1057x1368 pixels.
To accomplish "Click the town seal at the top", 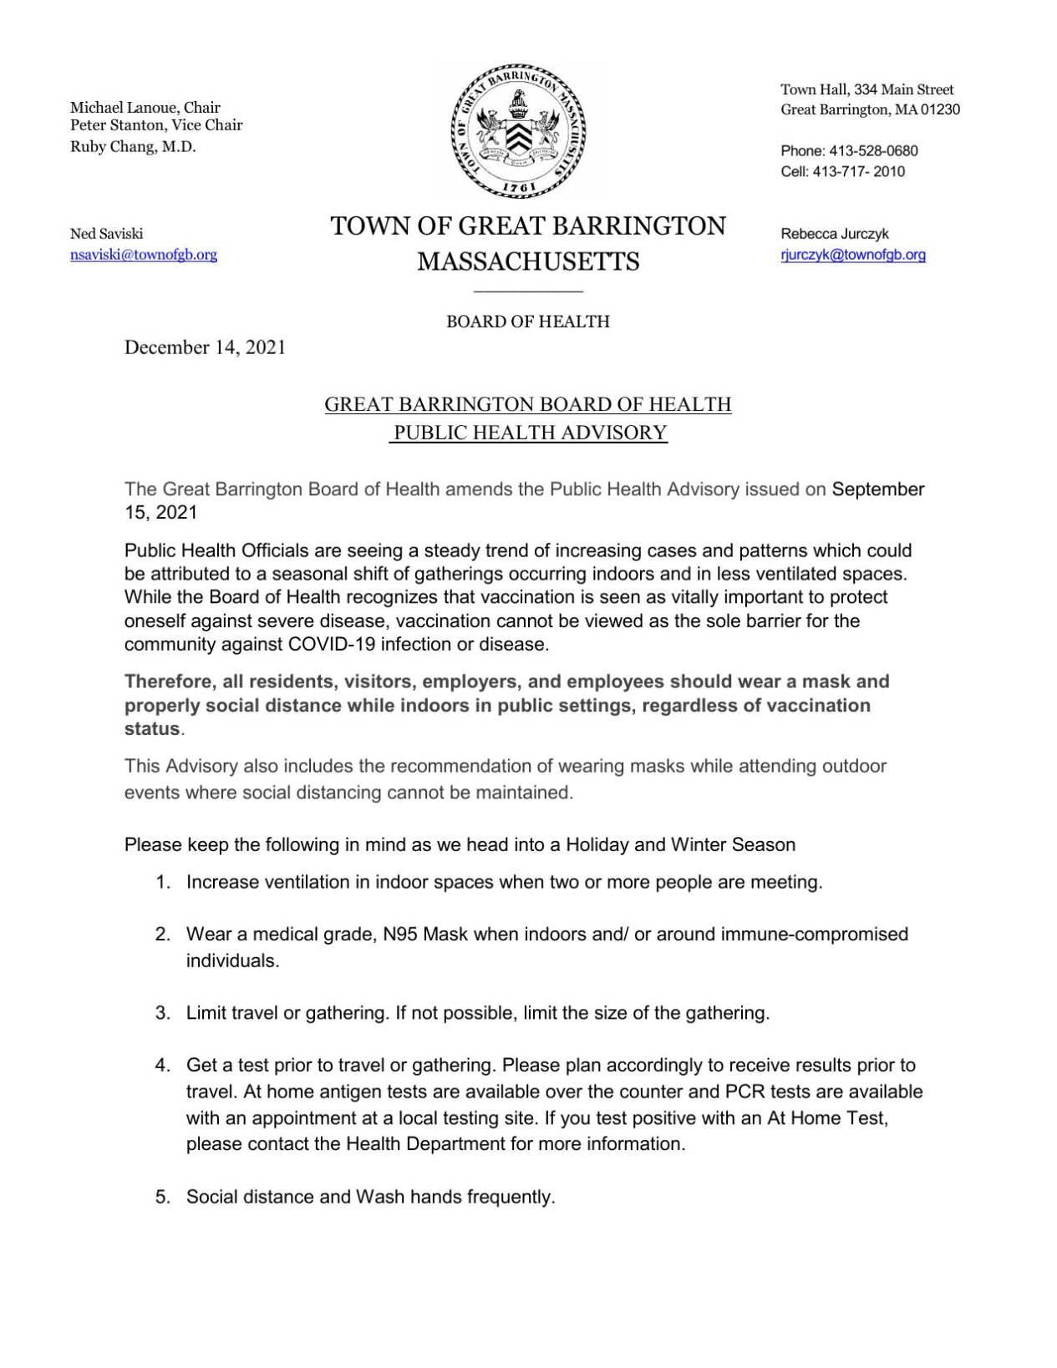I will pyautogui.click(x=519, y=130).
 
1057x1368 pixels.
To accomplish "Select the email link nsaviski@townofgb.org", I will pyautogui.click(x=143, y=255).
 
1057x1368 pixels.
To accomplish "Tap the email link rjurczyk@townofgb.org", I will pyautogui.click(x=852, y=255).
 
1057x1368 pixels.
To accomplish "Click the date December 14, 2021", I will pyautogui.click(x=205, y=347).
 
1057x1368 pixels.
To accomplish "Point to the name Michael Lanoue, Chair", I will pyautogui.click(x=145, y=107).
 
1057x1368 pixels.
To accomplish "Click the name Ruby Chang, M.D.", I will pyautogui.click(x=132, y=147).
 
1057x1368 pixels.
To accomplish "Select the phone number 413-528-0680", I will pyautogui.click(x=873, y=151).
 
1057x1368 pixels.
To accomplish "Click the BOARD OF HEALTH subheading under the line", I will pyautogui.click(x=527, y=322).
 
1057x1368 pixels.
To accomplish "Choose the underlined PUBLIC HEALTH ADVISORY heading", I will pyautogui.click(x=530, y=433).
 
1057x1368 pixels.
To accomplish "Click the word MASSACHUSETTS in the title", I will pyautogui.click(x=528, y=261).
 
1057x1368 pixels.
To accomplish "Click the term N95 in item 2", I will pyautogui.click(x=400, y=935).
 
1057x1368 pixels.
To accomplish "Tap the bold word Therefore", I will pyautogui.click(x=169, y=681).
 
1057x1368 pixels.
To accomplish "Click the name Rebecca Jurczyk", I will pyautogui.click(x=834, y=234).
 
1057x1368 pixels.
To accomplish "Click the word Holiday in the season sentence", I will pyautogui.click(x=597, y=844).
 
